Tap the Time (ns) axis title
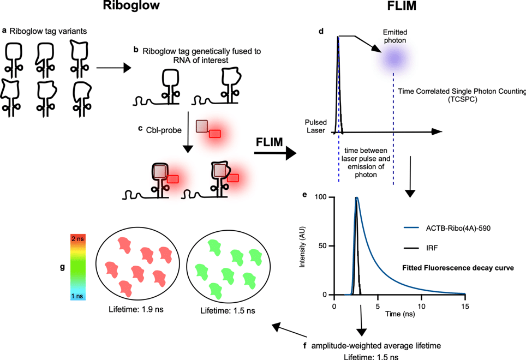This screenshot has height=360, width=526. point(398,315)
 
